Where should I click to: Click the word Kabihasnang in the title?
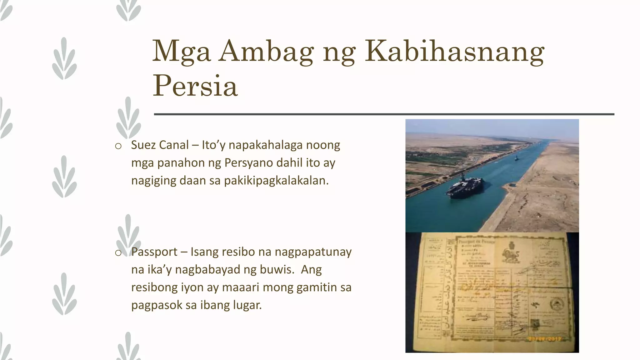click(x=455, y=52)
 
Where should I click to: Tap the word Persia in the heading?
click(x=195, y=86)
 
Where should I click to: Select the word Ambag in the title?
click(x=266, y=51)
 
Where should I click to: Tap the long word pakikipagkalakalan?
click(x=276, y=181)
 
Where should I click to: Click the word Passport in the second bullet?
click(x=154, y=252)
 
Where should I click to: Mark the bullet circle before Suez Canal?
click(x=118, y=146)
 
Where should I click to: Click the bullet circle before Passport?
click(x=118, y=253)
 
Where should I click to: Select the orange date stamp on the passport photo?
click(x=544, y=339)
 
